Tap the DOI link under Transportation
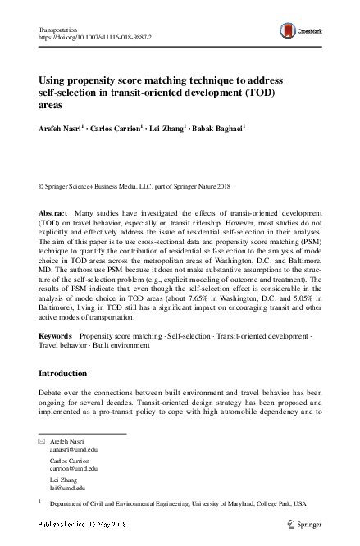coord(95,38)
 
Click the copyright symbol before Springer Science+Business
coord(42,186)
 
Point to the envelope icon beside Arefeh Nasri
coord(43,442)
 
